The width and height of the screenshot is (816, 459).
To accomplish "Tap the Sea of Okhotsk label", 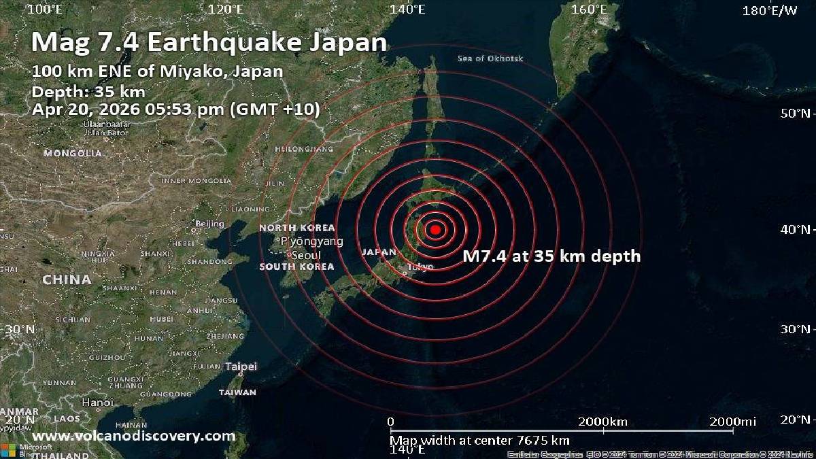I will pyautogui.click(x=490, y=58).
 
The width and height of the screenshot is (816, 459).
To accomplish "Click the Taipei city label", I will pyautogui.click(x=241, y=367).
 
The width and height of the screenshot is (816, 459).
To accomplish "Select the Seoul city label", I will pyautogui.click(x=303, y=255).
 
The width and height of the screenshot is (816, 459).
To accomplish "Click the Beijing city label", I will pyautogui.click(x=209, y=224).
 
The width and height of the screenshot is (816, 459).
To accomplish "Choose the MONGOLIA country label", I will pyautogui.click(x=73, y=154).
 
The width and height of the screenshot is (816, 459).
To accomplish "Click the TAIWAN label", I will pyautogui.click(x=237, y=392).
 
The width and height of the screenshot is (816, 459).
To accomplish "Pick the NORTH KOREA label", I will pyautogui.click(x=297, y=228).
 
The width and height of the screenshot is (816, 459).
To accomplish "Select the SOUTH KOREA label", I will pyautogui.click(x=296, y=267).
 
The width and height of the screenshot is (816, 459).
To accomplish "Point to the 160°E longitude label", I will pyautogui.click(x=589, y=10).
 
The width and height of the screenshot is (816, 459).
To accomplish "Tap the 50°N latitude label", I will pyautogui.click(x=796, y=113).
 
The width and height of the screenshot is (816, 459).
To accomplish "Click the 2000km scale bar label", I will pyautogui.click(x=602, y=422).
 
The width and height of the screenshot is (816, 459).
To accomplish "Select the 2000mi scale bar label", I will pyautogui.click(x=732, y=422).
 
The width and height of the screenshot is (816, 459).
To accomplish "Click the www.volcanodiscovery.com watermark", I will pyautogui.click(x=134, y=437).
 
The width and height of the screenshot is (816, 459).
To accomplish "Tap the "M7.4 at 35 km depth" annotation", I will pyautogui.click(x=551, y=256).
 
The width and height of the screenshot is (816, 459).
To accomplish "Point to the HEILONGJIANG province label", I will pyautogui.click(x=304, y=148).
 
